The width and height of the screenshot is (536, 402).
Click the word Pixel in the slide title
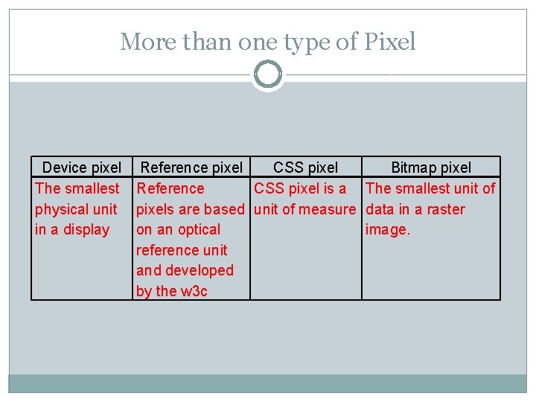coord(390,42)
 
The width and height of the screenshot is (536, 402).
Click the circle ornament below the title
coord(268,75)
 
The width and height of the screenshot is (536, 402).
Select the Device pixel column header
coord(81,168)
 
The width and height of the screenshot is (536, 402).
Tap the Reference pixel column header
coord(191,168)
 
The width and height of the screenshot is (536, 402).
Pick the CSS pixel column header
coord(305,168)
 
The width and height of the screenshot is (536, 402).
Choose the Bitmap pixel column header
coord(431,168)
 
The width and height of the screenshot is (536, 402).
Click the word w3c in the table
coord(193,291)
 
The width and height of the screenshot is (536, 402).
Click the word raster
coord(446,209)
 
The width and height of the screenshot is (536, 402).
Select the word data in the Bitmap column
coord(380,209)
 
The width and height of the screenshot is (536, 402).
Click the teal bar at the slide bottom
coord(268,383)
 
